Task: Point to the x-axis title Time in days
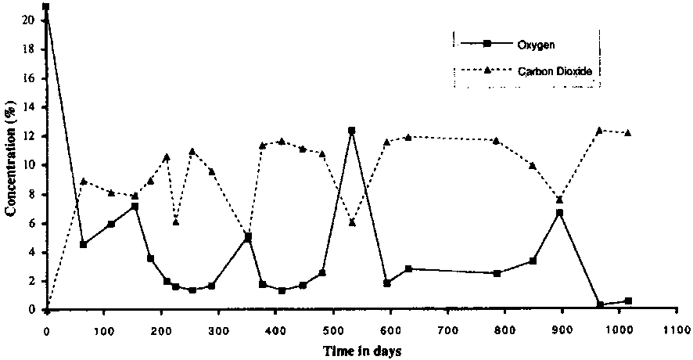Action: (362, 351)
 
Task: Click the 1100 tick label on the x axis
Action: (676, 329)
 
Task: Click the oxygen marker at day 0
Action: (46, 7)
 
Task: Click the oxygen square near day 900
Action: (559, 212)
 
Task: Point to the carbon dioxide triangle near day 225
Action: (176, 222)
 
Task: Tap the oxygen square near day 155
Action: (135, 207)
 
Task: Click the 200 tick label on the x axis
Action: (160, 329)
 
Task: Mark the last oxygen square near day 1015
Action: (628, 301)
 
